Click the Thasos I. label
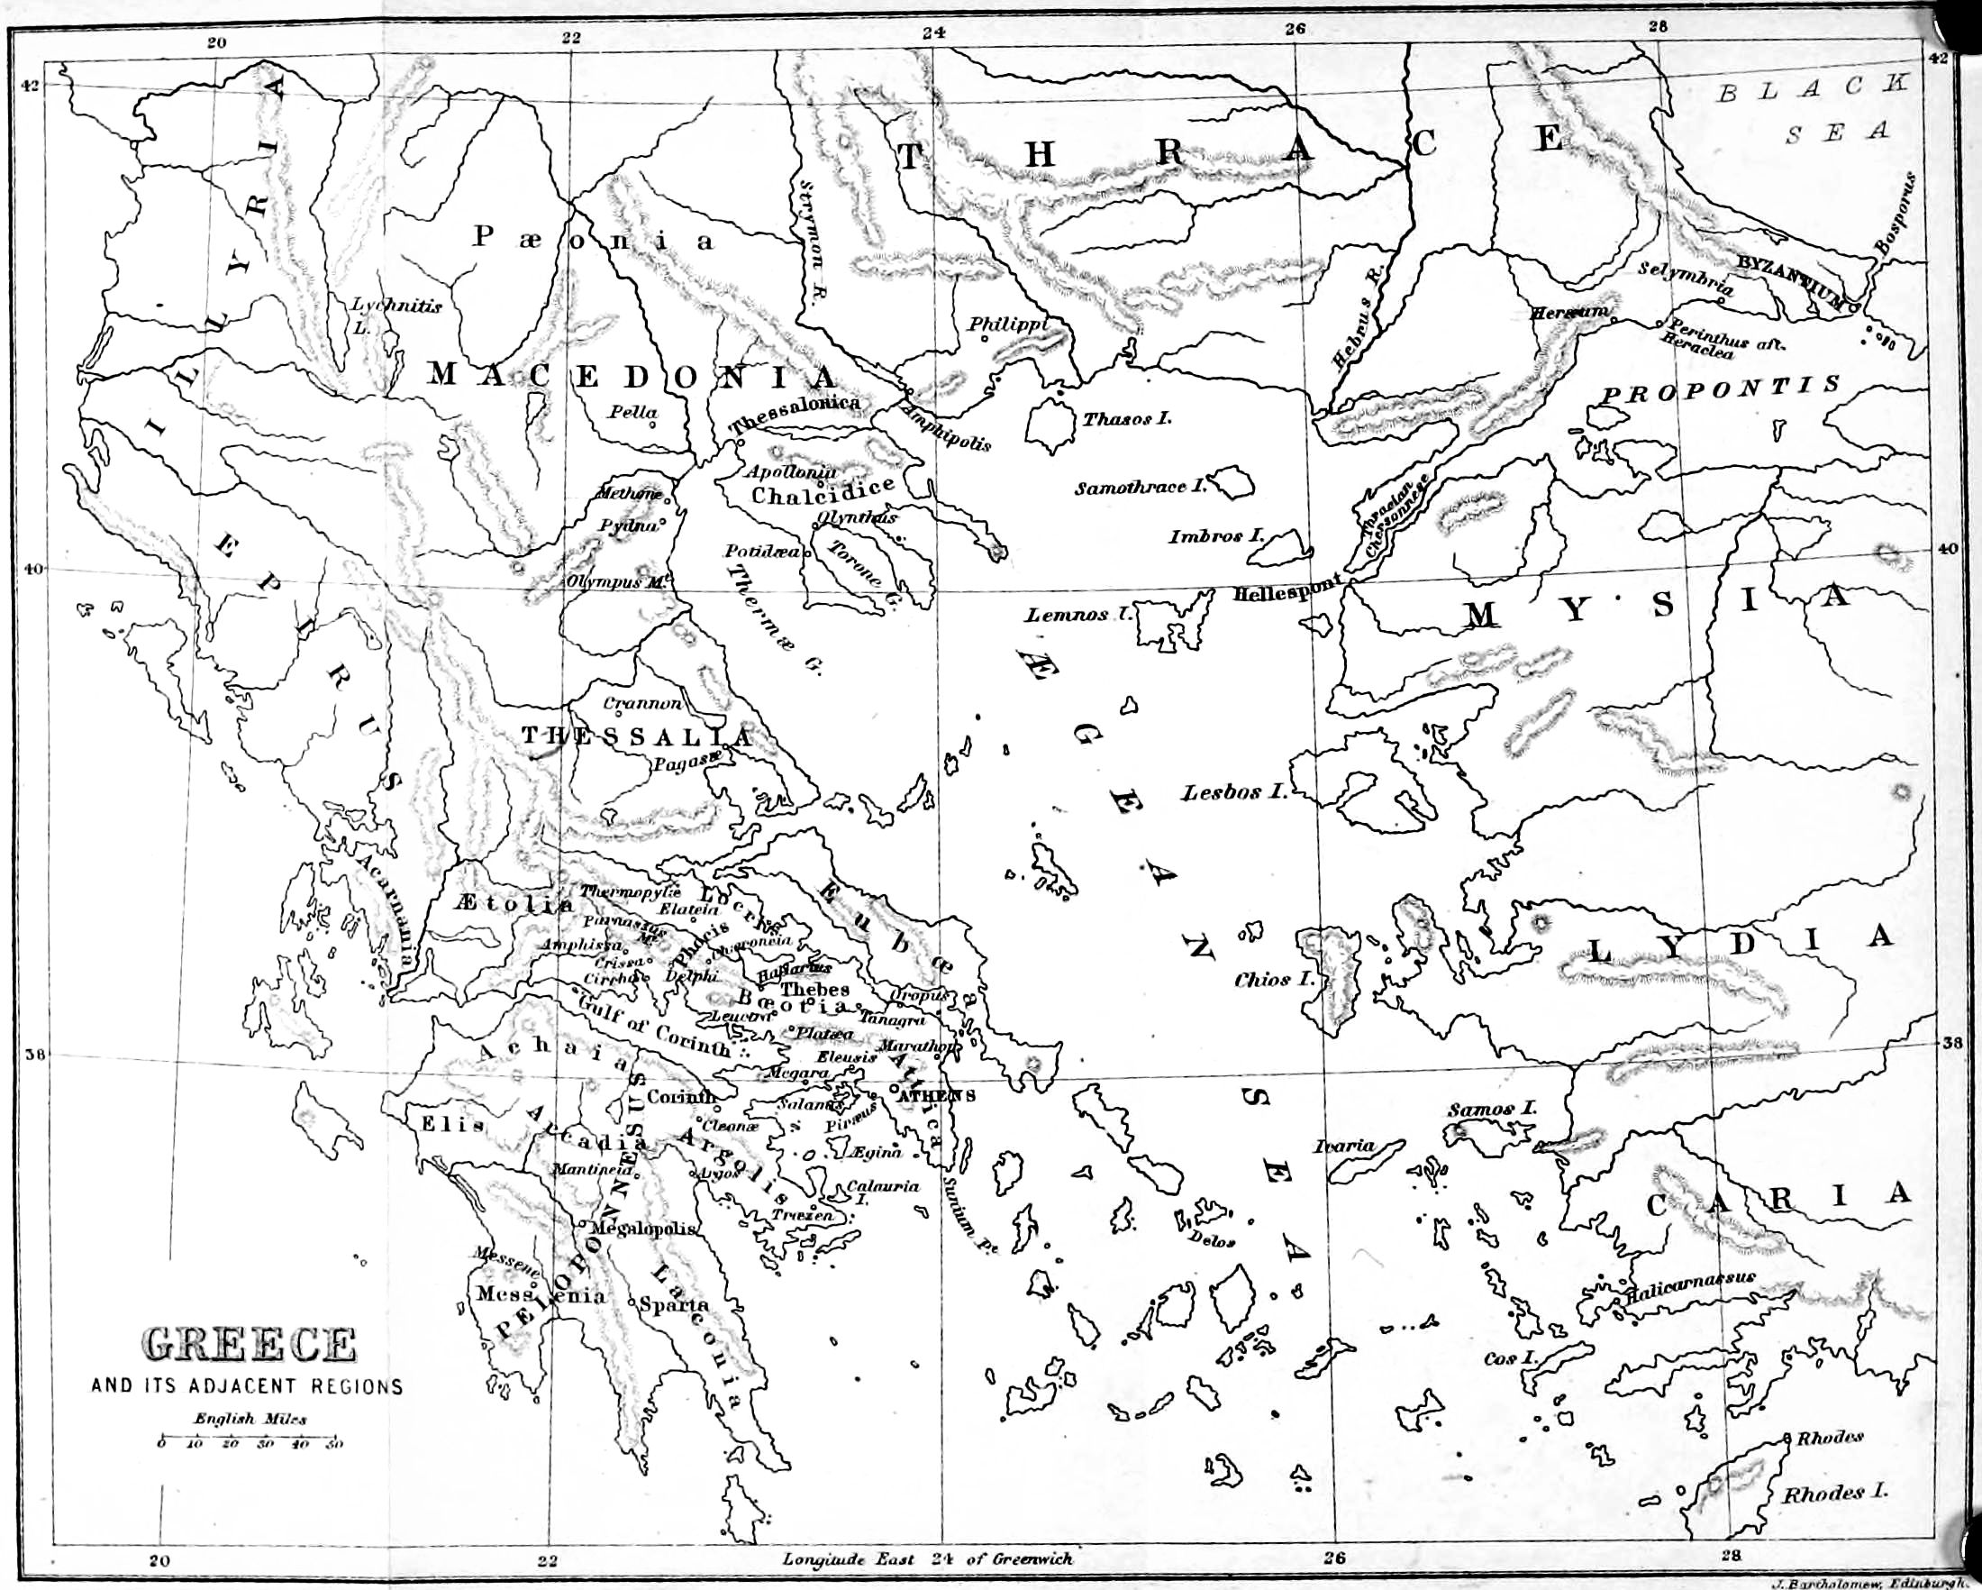click(1126, 419)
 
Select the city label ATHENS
click(936, 1095)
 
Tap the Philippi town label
click(1007, 324)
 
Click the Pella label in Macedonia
click(633, 412)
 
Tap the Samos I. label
click(1491, 1109)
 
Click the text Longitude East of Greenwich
click(927, 1558)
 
